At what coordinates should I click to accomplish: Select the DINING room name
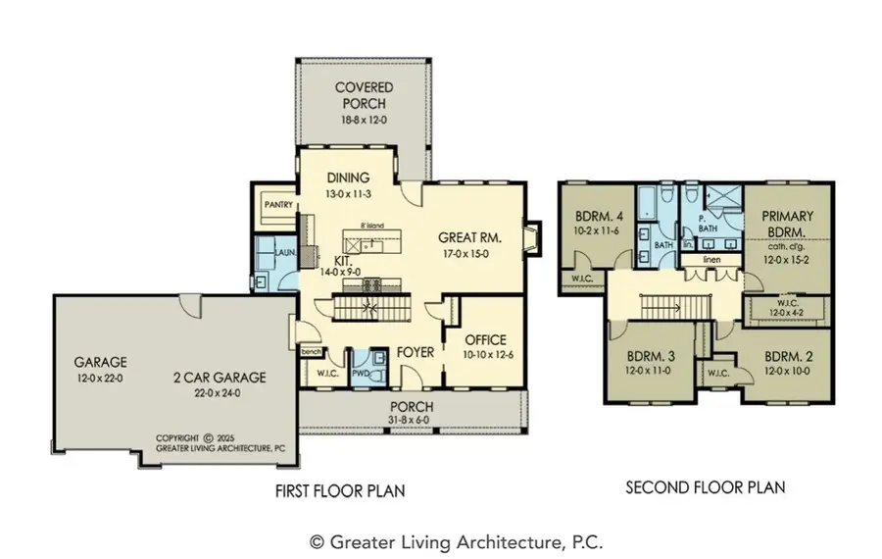point(348,178)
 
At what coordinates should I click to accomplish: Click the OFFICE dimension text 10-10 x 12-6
point(478,354)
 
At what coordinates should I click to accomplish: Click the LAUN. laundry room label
point(284,252)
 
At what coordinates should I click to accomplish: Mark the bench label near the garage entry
point(312,351)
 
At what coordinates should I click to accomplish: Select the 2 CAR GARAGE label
point(222,377)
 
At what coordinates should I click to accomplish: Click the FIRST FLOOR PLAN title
point(340,489)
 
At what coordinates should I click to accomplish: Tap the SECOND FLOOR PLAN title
point(706,486)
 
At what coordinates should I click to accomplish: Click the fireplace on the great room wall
point(531,239)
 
